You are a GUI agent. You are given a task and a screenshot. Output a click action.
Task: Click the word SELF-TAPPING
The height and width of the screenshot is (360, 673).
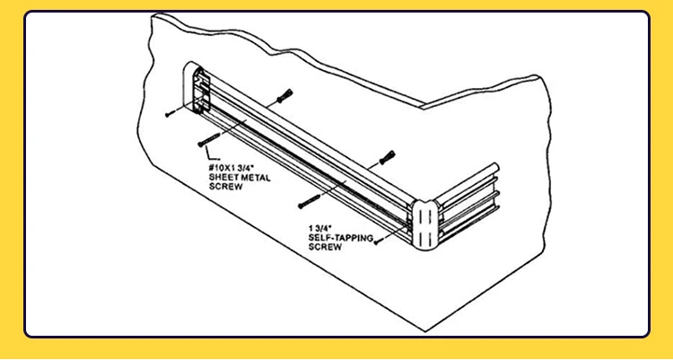(x=341, y=238)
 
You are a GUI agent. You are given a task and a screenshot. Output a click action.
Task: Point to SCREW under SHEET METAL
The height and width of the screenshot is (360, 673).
(x=226, y=187)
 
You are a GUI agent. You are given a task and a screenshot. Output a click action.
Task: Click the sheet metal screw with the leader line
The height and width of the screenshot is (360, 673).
(x=209, y=140)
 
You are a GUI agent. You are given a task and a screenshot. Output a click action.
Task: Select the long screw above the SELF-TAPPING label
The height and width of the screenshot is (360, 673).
(x=309, y=201)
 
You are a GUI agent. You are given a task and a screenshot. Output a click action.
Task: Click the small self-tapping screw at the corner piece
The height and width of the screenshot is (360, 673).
(x=377, y=242)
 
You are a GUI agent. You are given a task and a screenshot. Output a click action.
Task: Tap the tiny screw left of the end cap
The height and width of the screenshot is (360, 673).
(x=170, y=114)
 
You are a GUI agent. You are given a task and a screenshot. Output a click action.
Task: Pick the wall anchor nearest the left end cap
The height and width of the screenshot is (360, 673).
(x=285, y=96)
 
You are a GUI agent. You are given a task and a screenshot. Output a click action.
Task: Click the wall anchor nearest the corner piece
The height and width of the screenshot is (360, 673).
(x=387, y=158)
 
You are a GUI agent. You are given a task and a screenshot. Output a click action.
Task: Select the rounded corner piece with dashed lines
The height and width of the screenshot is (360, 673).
(x=424, y=224)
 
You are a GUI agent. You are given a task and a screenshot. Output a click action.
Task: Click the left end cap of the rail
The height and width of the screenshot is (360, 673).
(x=197, y=88)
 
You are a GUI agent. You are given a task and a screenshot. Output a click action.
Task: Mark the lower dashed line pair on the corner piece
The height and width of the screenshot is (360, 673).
(x=424, y=237)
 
